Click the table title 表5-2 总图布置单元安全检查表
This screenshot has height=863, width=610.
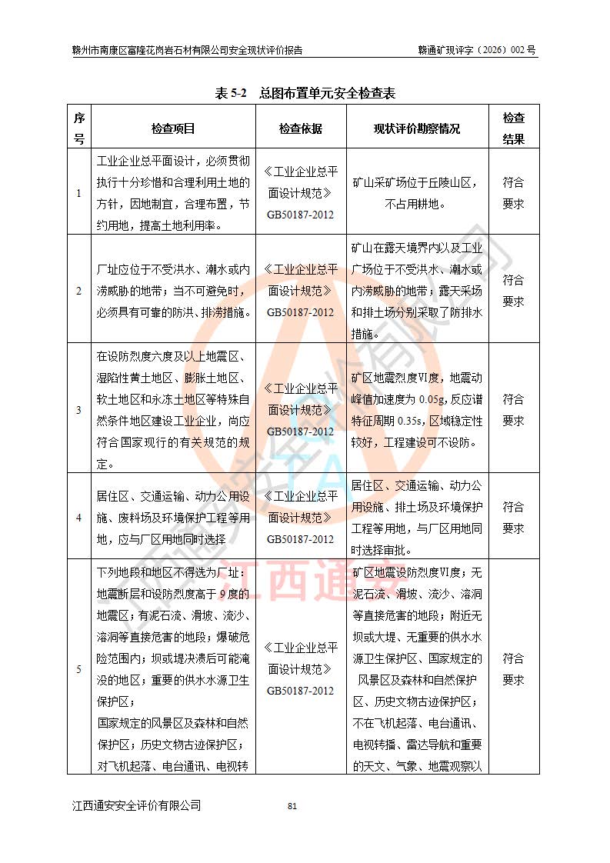click(x=305, y=93)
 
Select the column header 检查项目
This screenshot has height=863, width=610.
click(x=173, y=128)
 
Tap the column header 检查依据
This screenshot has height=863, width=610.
click(x=301, y=128)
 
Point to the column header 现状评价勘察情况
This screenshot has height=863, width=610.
click(x=417, y=128)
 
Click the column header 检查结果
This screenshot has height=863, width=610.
click(x=513, y=128)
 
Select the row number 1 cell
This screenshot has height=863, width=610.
click(x=78, y=193)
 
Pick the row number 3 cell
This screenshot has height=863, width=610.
click(x=78, y=410)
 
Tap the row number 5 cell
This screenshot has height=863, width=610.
click(x=78, y=669)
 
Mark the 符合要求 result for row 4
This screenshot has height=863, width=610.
click(x=513, y=518)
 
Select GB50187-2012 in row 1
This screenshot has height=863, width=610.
click(x=301, y=215)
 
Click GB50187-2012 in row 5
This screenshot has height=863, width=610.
click(x=301, y=691)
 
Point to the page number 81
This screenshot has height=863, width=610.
click(x=292, y=806)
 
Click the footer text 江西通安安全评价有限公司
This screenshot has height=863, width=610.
click(x=137, y=805)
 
